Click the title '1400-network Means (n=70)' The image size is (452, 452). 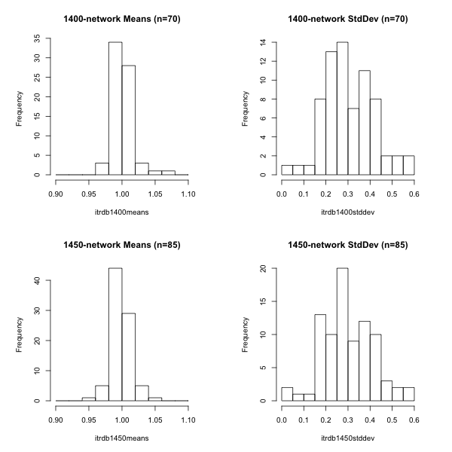coord(121,19)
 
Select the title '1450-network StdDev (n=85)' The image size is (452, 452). coord(347,245)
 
